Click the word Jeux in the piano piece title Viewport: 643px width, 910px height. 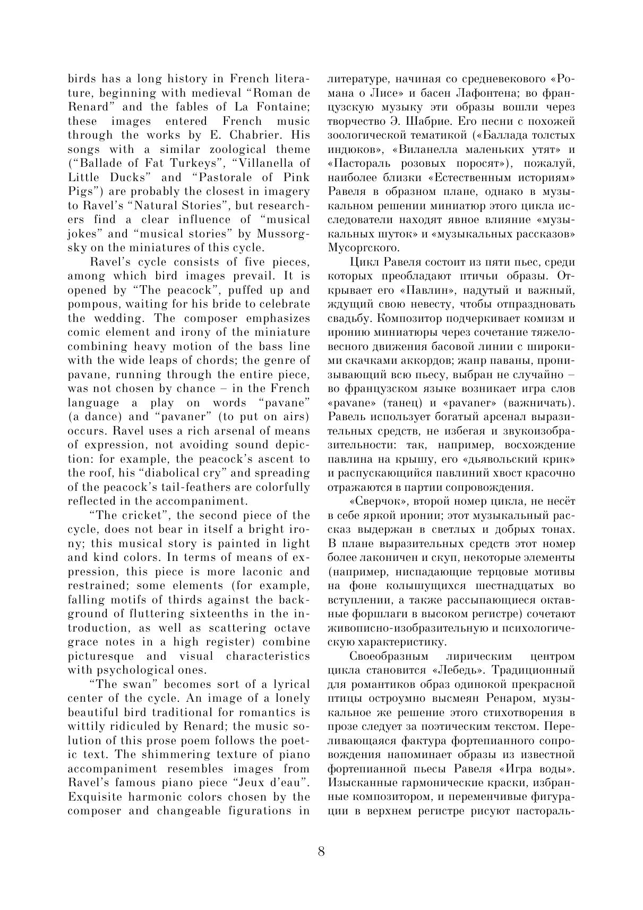253,783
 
